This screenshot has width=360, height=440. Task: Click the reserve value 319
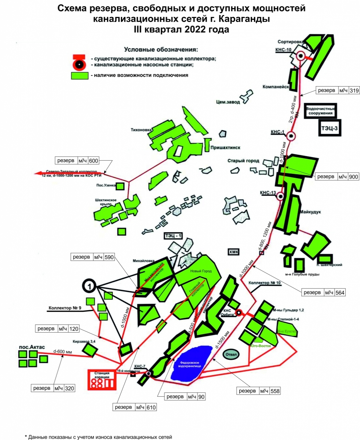pos(354,91)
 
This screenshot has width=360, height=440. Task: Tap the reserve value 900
pos(353,177)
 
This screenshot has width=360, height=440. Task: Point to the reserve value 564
pos(340,292)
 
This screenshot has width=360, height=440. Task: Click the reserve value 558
pos(275,391)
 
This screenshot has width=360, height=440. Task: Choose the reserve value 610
pos(151,407)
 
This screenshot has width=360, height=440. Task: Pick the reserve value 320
pos(69,388)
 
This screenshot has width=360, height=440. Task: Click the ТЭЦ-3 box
pos(329,128)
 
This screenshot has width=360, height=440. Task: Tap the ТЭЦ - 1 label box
pos(173,236)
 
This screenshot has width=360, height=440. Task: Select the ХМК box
pos(234,252)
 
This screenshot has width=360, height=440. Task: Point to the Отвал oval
pos(232,355)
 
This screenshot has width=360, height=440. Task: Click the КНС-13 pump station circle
pos(281,197)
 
